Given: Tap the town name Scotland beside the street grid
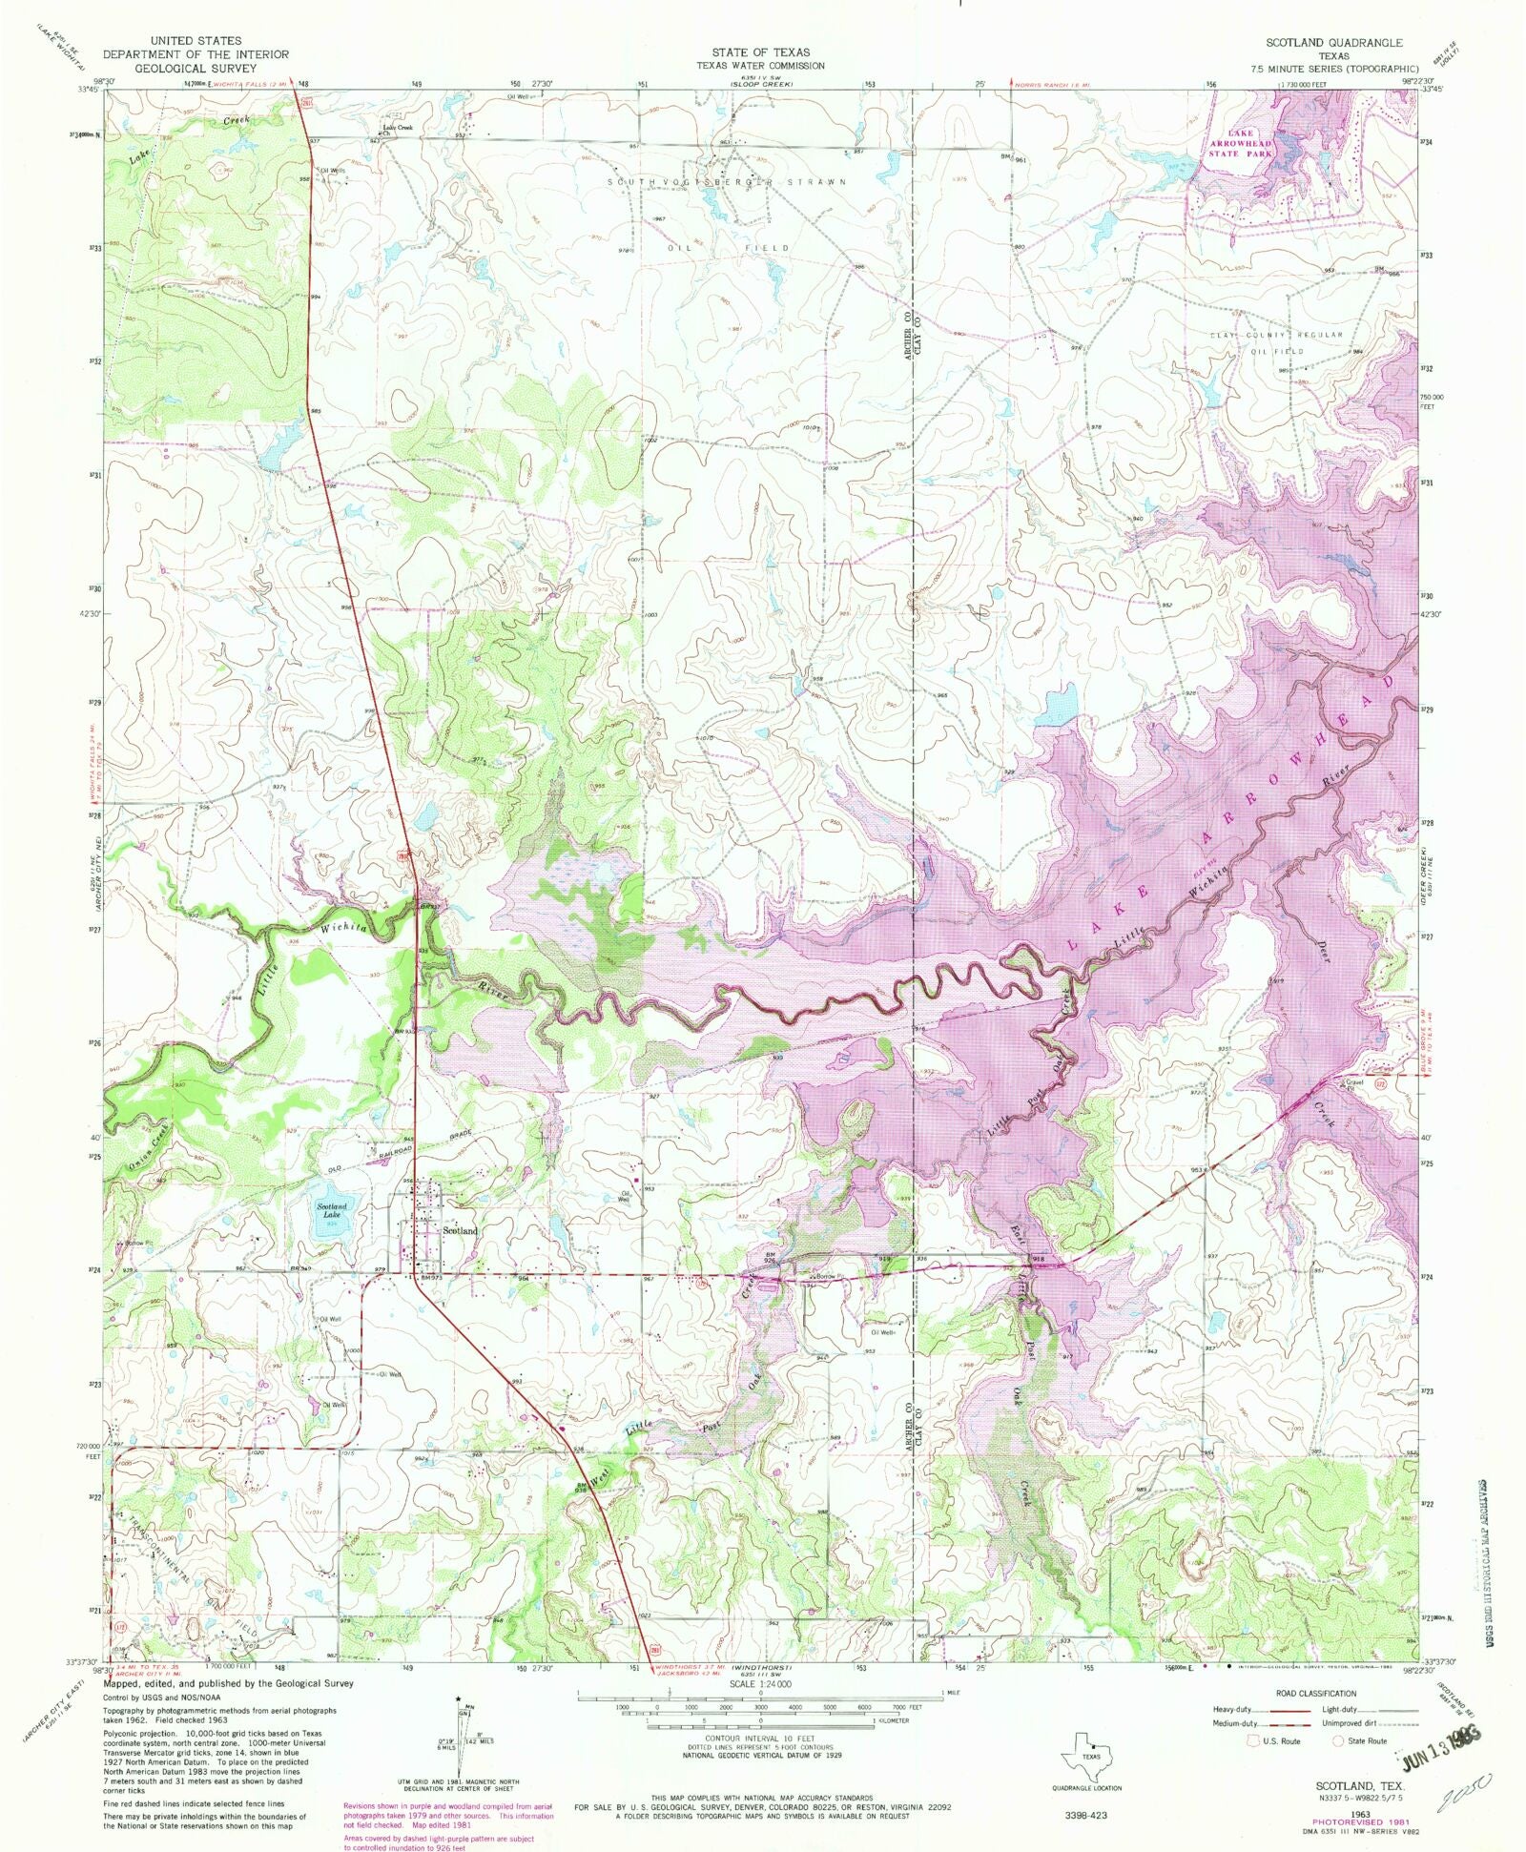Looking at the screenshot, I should coord(460,1230).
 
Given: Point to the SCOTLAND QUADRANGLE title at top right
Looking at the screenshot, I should coord(1333,43).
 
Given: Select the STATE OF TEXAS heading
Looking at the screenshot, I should coord(760,52).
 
